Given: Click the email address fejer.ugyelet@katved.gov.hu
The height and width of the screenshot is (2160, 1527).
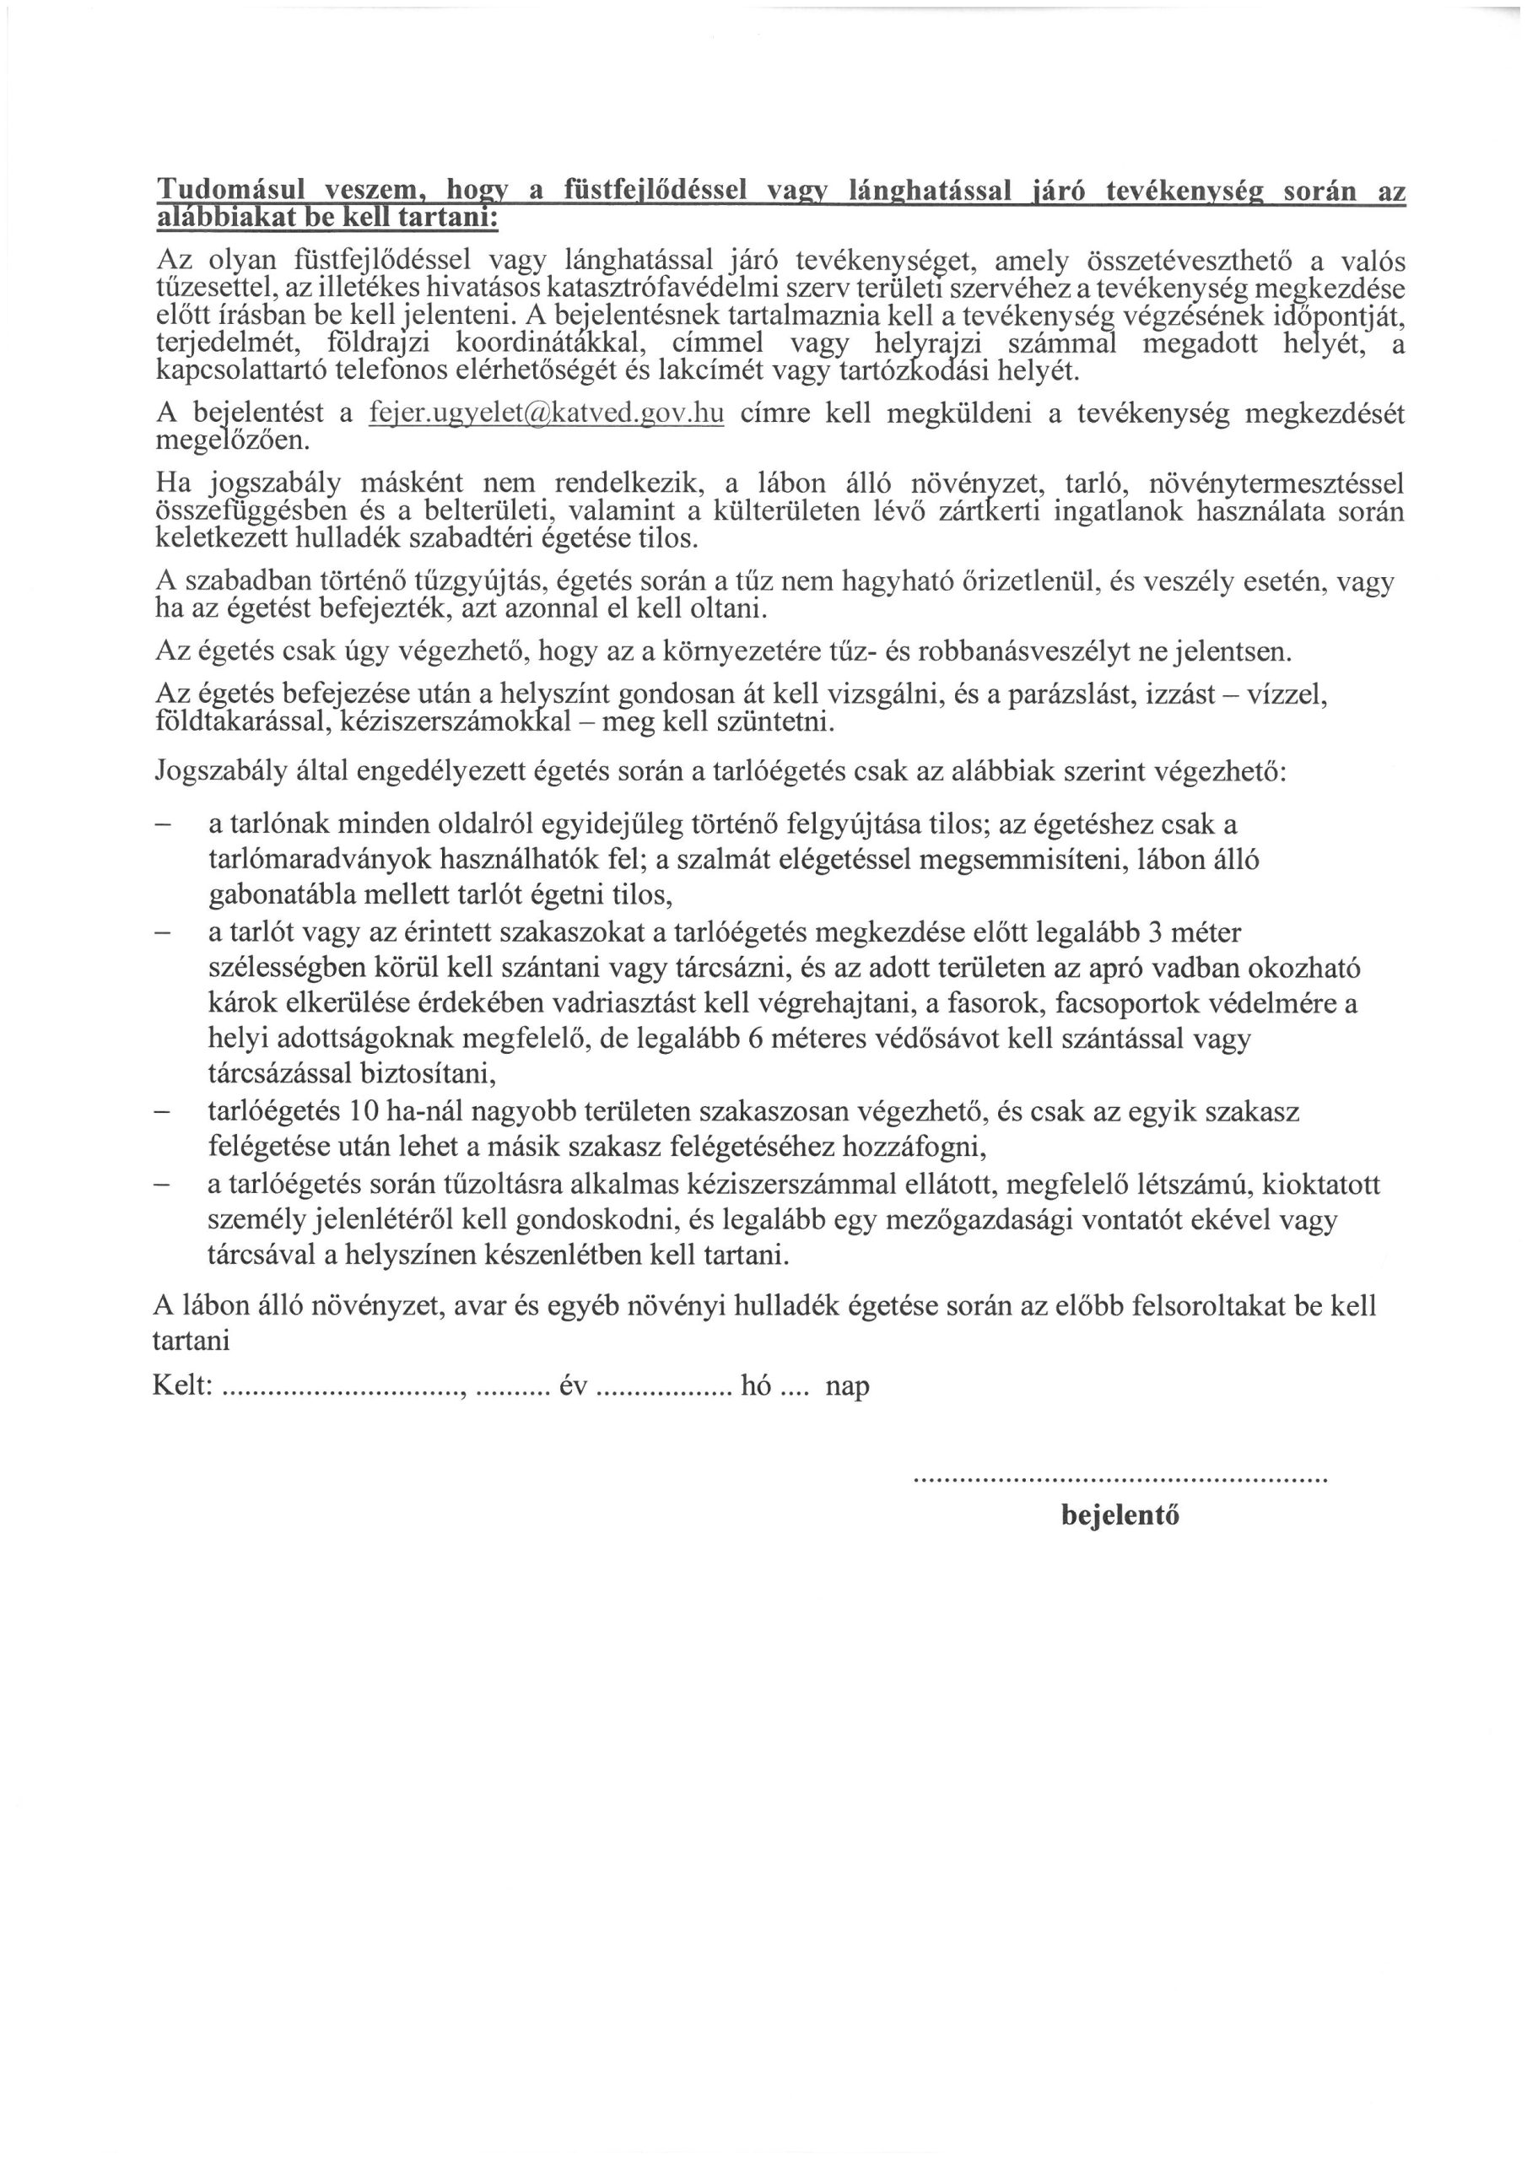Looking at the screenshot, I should tap(547, 415).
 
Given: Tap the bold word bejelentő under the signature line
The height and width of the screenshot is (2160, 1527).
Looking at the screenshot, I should tap(1120, 1515).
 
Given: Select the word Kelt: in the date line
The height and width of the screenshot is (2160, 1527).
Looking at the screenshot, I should tap(182, 1385).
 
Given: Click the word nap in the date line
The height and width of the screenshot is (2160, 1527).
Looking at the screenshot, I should tap(847, 1385).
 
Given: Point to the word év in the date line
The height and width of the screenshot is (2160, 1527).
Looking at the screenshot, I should tap(573, 1385).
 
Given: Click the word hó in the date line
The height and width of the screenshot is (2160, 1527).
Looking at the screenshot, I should tap(756, 1385).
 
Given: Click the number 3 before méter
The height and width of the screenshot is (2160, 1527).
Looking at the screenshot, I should tap(1157, 933).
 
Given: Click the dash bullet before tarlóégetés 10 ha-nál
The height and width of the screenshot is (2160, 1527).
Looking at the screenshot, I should tap(163, 1112).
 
